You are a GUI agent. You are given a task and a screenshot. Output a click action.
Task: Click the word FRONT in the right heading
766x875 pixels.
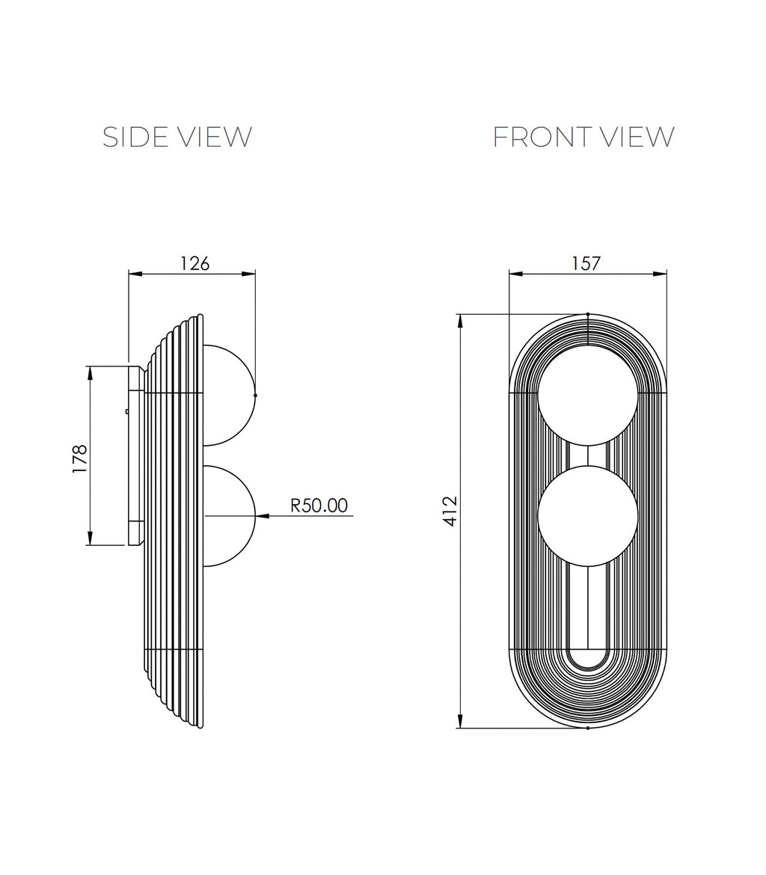pyautogui.click(x=534, y=138)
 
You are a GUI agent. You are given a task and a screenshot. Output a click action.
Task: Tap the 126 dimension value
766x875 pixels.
pyautogui.click(x=194, y=263)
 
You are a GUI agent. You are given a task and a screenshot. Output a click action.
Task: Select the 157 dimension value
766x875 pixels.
pyautogui.click(x=586, y=263)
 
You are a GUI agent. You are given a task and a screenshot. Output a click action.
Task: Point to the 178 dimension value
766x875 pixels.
pyautogui.click(x=79, y=458)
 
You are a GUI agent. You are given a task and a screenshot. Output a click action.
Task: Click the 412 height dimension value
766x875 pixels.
pyautogui.click(x=450, y=511)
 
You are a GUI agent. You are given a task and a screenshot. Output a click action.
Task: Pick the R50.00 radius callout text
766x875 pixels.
pyautogui.click(x=319, y=505)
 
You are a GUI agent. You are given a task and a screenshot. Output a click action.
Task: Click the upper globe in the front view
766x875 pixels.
pyautogui.click(x=587, y=395)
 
